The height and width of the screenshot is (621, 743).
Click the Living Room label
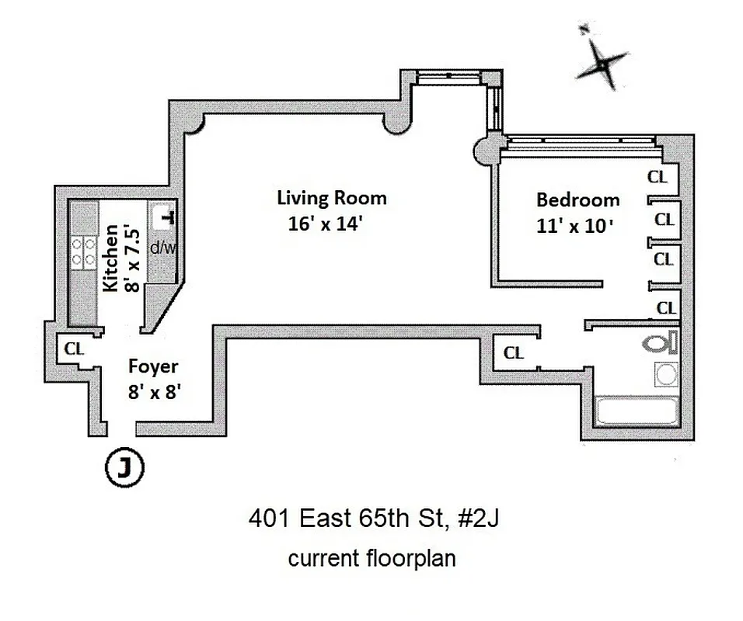(331, 198)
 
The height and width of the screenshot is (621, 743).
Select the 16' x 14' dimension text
(326, 226)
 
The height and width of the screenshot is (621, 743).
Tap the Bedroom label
(578, 200)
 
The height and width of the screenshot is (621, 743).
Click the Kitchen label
(111, 258)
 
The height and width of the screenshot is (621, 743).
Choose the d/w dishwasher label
(163, 248)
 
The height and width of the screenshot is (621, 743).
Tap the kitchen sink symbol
(165, 217)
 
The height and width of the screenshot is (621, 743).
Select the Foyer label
(153, 366)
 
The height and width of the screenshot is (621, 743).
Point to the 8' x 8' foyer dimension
(155, 393)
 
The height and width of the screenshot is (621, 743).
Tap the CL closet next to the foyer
(74, 349)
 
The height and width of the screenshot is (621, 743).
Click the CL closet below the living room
(514, 353)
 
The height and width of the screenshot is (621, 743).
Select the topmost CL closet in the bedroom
(658, 177)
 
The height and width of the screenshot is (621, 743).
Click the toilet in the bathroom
(659, 341)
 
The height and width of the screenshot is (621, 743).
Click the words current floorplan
(371, 558)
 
